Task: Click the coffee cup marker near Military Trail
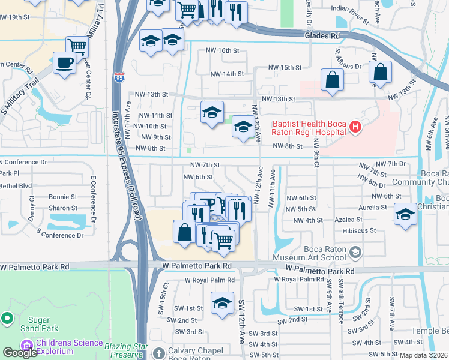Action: click(64, 62)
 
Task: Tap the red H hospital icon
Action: click(355, 127)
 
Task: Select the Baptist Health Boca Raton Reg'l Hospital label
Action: click(309, 127)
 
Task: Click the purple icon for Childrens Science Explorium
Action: click(26, 346)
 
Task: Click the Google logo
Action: click(20, 353)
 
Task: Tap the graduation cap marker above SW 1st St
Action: click(221, 302)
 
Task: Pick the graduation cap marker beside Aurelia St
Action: click(405, 214)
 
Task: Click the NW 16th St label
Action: click(222, 51)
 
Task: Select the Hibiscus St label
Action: click(358, 230)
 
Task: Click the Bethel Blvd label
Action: click(17, 186)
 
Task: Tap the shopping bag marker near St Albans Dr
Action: click(331, 80)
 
